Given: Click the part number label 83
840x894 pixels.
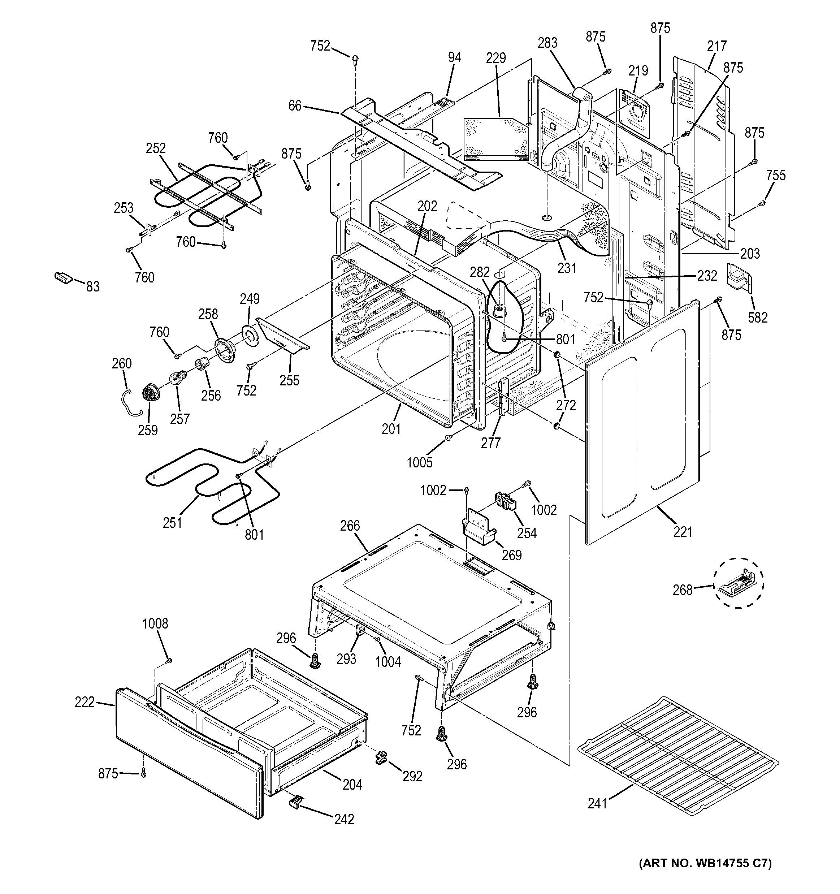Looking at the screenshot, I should (93, 286).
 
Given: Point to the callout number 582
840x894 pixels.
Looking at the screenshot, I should (758, 318).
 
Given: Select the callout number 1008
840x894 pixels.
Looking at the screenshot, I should (155, 623).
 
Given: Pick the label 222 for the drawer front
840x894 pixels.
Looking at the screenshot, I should (85, 701).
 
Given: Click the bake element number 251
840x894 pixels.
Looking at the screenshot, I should (172, 523).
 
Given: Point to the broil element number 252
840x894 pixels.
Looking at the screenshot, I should (156, 148).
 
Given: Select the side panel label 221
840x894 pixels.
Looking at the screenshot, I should (683, 532).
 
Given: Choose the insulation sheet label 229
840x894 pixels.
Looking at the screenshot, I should (496, 58).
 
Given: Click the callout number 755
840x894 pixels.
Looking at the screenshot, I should (776, 176).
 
